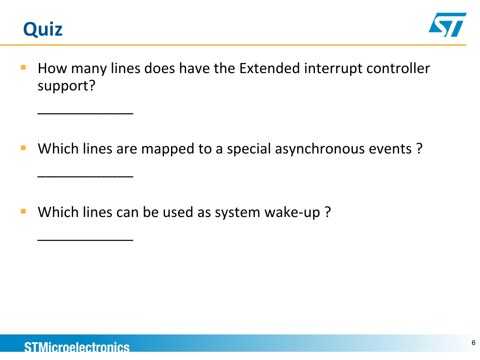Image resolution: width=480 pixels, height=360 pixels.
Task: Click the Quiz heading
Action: click(x=43, y=30)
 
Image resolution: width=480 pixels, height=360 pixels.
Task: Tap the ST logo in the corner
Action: click(x=448, y=25)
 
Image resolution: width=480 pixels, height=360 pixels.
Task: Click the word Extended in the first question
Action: click(x=269, y=68)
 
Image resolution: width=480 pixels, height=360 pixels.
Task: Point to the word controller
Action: click(x=398, y=68)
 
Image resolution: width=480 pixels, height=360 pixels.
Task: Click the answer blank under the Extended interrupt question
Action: click(x=85, y=114)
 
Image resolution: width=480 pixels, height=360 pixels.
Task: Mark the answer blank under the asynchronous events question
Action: click(x=85, y=176)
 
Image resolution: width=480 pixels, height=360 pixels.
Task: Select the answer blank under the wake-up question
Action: click(x=85, y=240)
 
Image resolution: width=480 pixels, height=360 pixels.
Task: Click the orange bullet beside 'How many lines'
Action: click(x=23, y=67)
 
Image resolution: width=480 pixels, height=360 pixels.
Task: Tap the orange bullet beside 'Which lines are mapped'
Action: click(x=23, y=148)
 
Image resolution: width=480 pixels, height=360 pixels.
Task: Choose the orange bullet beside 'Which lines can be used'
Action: click(x=23, y=212)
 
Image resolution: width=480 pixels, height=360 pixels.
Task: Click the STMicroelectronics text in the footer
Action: click(x=77, y=347)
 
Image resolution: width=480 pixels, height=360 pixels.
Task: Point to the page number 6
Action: click(x=474, y=343)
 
